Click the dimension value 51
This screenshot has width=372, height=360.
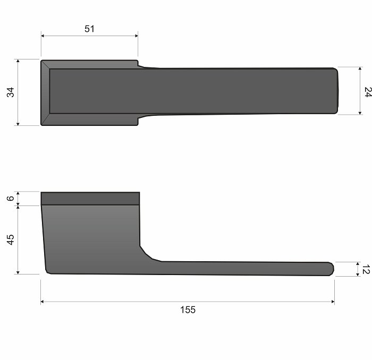coord(89,29)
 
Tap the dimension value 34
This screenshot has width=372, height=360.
coord(11,92)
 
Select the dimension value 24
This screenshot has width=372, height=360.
coord(368,92)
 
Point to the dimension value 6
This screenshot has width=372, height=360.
coord(11,199)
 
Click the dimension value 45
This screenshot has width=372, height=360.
coord(11,239)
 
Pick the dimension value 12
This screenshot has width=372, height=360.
coord(366,269)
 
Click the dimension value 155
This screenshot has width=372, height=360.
coord(188,310)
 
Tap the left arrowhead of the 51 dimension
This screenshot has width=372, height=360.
coord(43,36)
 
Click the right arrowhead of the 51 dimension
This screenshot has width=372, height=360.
coord(137,36)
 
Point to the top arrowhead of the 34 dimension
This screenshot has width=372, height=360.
coord(18,61)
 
